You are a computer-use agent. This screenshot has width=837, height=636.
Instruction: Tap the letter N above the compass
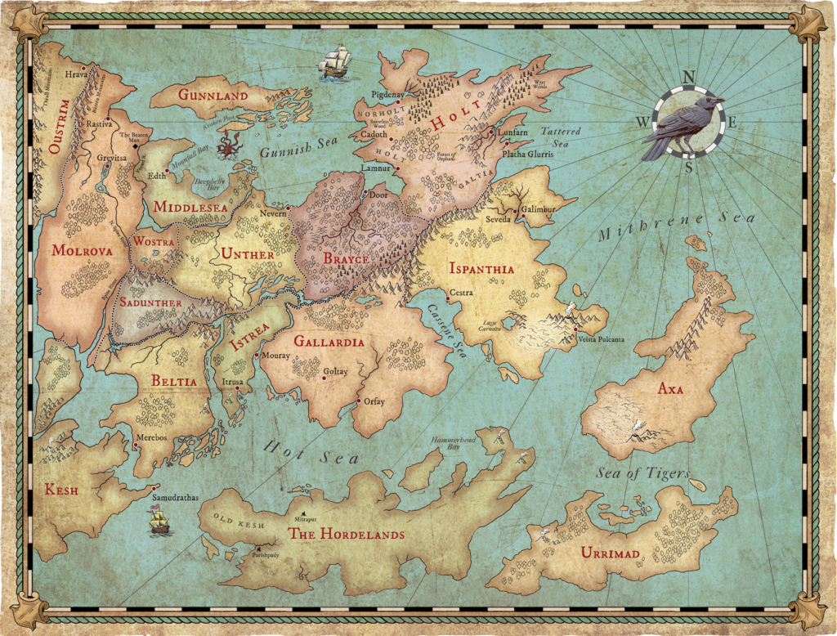pyautogui.click(x=688, y=78)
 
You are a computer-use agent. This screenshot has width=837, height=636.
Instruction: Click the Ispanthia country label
pyautogui.click(x=481, y=268)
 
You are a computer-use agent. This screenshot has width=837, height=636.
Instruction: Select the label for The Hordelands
pyautogui.click(x=346, y=535)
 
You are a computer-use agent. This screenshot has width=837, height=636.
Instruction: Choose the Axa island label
pyautogui.click(x=670, y=389)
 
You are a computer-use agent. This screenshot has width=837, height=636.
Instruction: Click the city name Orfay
pyautogui.click(x=374, y=401)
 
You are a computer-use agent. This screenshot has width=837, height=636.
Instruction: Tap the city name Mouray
pyautogui.click(x=277, y=356)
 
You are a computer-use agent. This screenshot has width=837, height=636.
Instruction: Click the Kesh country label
pyautogui.click(x=63, y=490)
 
